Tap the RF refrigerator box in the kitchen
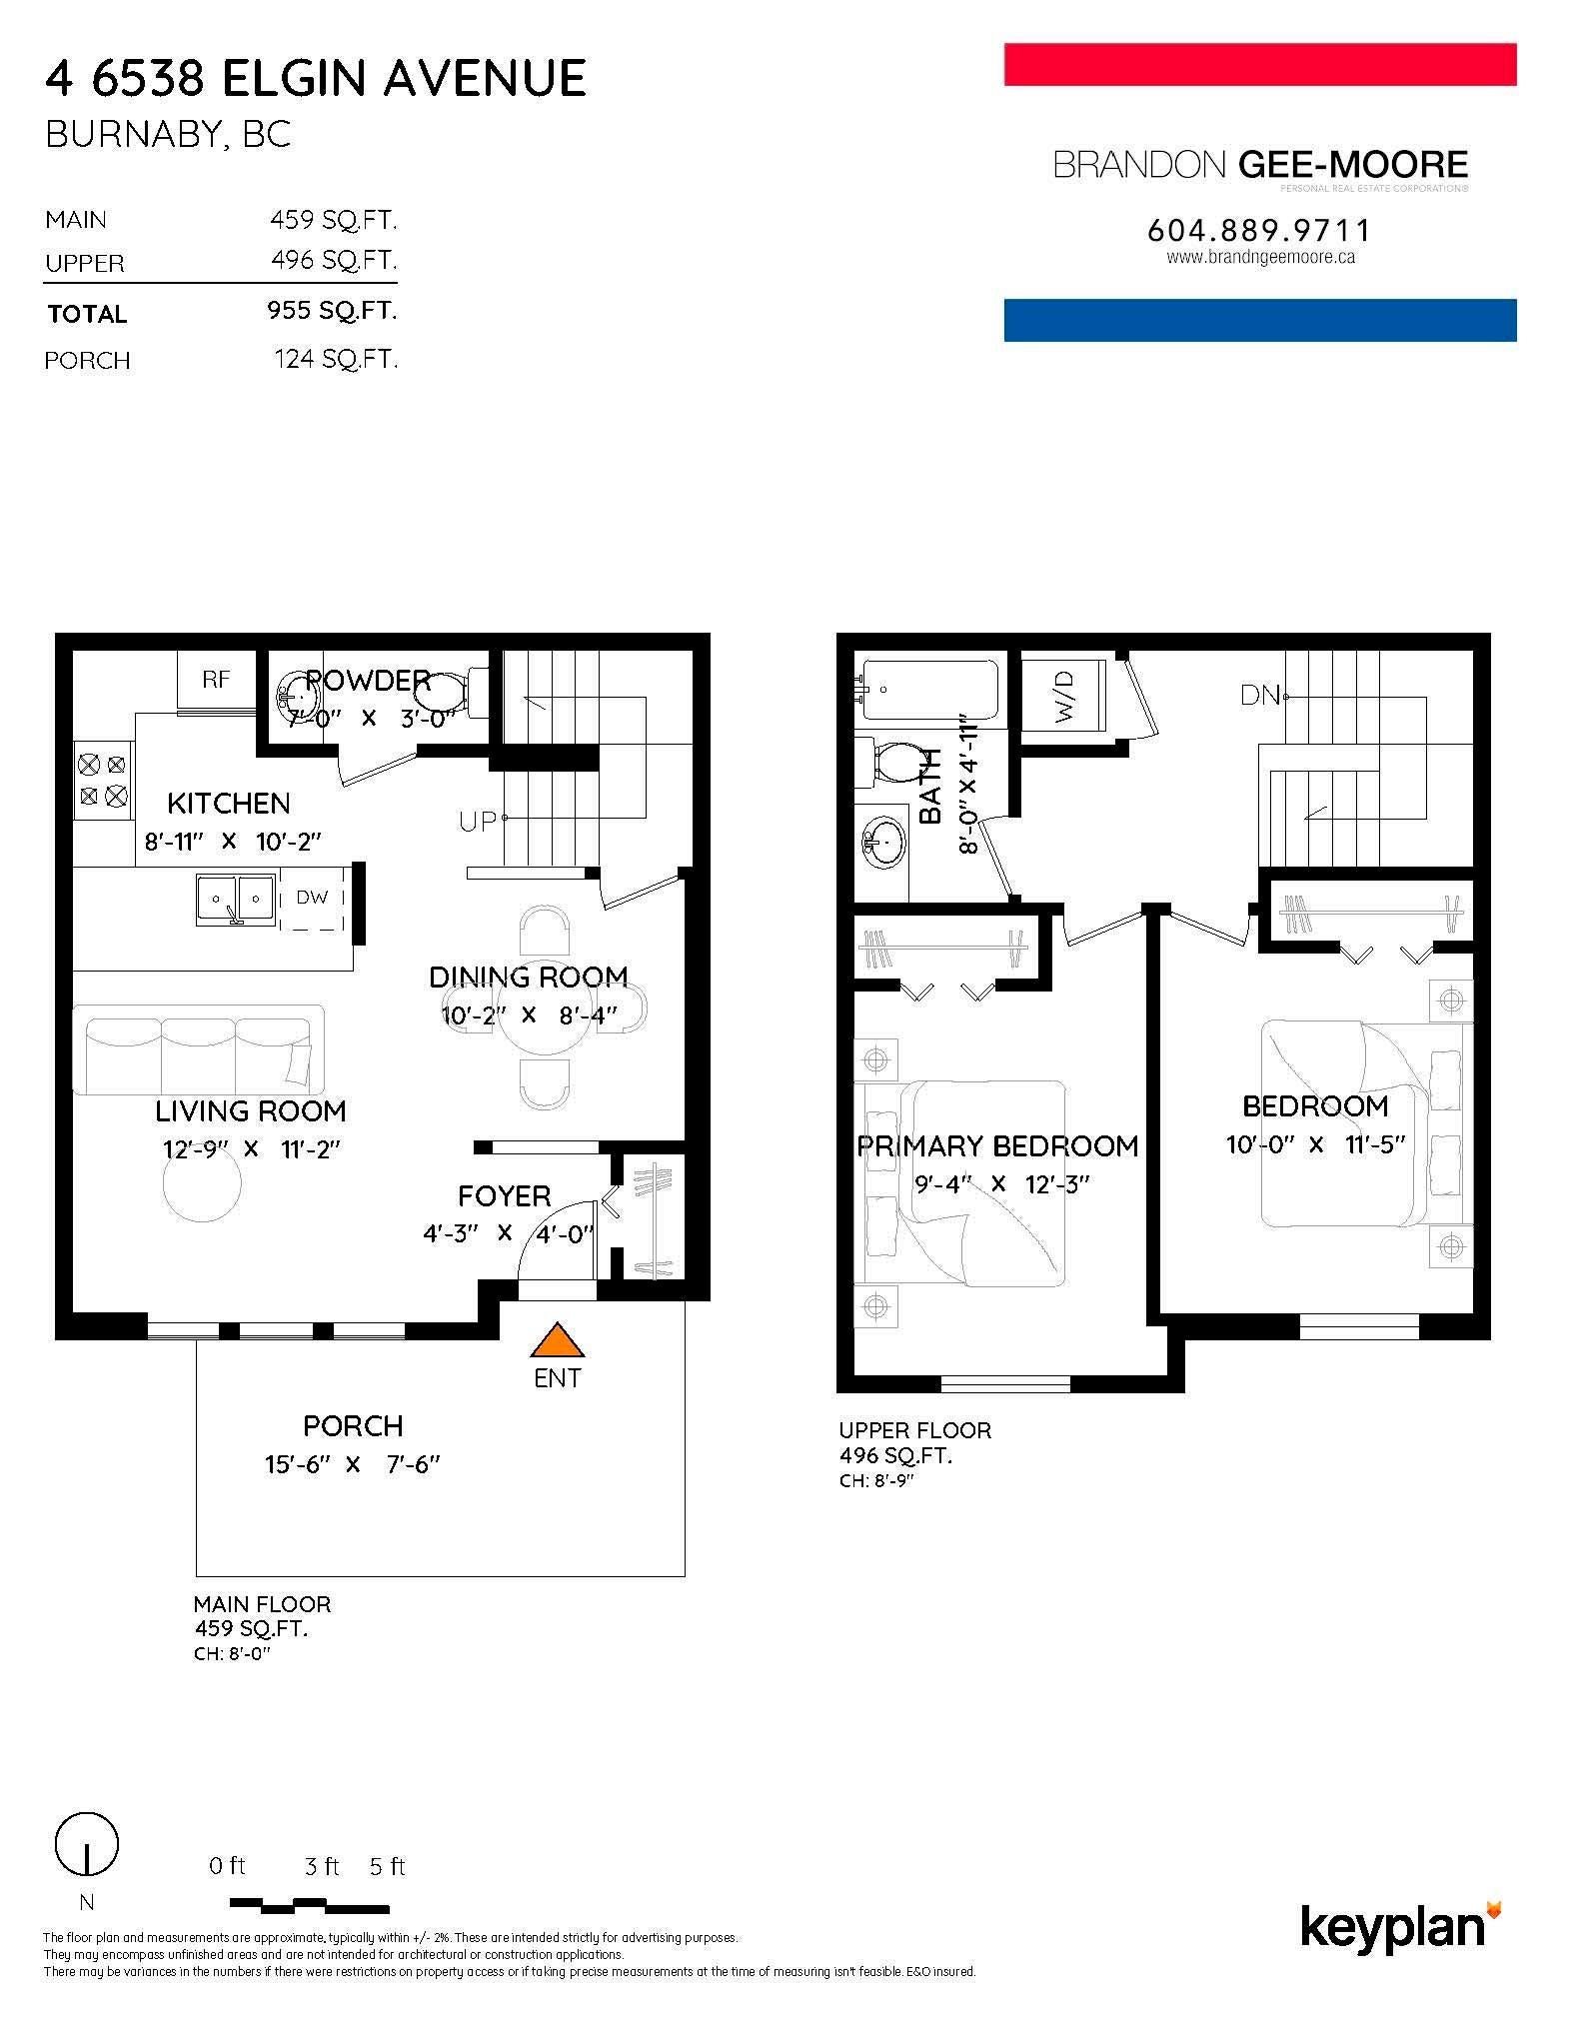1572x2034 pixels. tap(216, 680)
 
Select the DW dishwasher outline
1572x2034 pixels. tap(312, 898)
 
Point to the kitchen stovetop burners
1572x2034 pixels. tap(103, 781)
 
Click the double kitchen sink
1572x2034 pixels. tap(236, 896)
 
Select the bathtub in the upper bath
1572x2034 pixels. tap(928, 689)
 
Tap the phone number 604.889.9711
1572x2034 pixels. tap(1260, 231)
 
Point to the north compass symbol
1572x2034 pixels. tap(86, 1842)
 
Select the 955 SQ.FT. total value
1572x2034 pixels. tap(332, 310)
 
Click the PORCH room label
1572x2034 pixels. tap(353, 1425)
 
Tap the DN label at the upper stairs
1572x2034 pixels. tap(1260, 695)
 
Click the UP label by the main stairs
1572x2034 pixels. tap(478, 822)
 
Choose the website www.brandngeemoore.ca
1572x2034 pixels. tap(1260, 257)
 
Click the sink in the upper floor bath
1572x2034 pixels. tap(883, 845)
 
